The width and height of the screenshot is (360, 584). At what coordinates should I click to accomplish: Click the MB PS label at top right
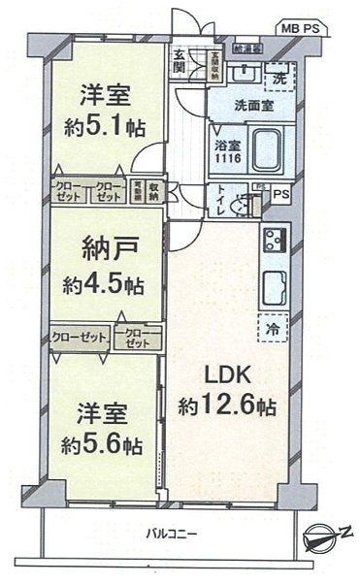[302, 29]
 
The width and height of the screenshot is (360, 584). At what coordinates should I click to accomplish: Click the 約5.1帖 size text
[105, 128]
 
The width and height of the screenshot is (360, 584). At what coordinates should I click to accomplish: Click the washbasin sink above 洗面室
[244, 75]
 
